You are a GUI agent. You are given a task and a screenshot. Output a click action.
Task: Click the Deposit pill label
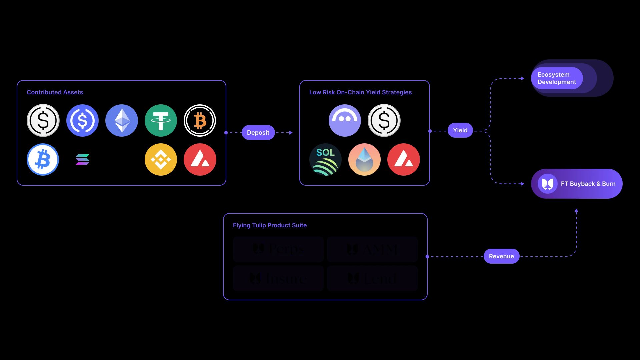[x=258, y=133]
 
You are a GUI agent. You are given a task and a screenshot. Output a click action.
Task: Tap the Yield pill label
[x=460, y=130]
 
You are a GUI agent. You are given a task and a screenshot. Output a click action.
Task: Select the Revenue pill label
[x=501, y=256]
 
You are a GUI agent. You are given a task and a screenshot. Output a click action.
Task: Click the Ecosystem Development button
[x=557, y=78]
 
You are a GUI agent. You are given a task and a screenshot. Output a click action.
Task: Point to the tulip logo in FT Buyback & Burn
[x=547, y=184]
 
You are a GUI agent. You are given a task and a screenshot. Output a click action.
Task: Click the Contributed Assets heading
[x=55, y=92]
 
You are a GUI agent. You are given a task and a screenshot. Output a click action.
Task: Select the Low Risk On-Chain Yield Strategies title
[x=360, y=92]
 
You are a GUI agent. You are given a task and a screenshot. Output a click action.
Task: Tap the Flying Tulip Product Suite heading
[x=270, y=225]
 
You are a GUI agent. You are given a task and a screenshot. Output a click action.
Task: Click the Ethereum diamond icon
[x=122, y=120]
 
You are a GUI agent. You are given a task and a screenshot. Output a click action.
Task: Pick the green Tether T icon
[x=161, y=120]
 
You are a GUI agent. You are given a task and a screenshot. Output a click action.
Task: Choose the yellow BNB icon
[x=161, y=160]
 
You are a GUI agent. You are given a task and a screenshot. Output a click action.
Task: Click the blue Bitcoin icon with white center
[x=43, y=160]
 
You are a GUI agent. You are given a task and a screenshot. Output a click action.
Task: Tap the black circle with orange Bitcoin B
[x=200, y=120]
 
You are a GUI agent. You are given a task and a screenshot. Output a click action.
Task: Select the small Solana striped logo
[x=82, y=160]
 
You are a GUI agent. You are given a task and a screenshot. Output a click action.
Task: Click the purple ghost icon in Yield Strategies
[x=345, y=120]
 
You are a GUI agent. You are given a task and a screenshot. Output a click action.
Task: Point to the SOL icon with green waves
[x=325, y=160]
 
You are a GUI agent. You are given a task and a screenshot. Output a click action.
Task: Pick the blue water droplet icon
[x=364, y=160]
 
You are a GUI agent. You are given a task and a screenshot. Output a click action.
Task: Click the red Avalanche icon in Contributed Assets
[x=200, y=160]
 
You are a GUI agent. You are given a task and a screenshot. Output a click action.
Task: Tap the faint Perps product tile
[x=278, y=249]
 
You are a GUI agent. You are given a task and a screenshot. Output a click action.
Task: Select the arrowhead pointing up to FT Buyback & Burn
[x=576, y=211]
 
